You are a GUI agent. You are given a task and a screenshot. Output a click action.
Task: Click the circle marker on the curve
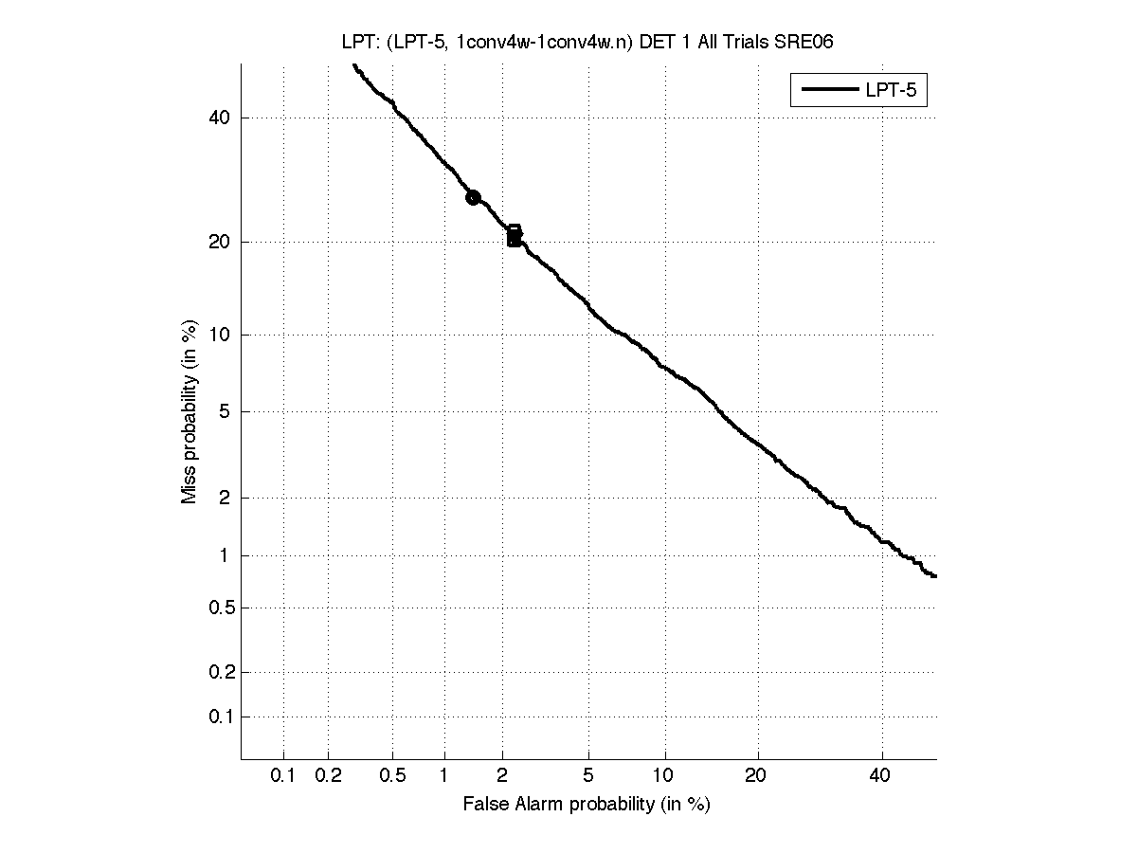(473, 197)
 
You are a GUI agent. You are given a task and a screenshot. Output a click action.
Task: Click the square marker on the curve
(514, 236)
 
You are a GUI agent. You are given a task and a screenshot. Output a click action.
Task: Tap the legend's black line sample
(829, 91)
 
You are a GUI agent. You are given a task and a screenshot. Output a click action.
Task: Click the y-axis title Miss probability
(190, 410)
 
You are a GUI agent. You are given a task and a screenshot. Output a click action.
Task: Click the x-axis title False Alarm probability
(587, 805)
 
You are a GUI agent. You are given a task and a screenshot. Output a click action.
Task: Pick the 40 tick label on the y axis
(220, 118)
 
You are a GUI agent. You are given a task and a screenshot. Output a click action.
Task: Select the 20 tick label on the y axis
(220, 242)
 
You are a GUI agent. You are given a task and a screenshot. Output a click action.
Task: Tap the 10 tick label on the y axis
(220, 335)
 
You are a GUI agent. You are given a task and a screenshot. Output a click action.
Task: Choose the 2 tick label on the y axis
(224, 498)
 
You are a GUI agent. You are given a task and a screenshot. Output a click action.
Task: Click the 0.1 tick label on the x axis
(283, 776)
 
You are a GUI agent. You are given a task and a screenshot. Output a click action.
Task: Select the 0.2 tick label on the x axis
(328, 776)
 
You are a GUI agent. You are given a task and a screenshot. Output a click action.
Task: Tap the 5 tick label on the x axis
(588, 776)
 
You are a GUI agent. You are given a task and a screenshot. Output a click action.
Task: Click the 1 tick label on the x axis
(444, 776)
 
